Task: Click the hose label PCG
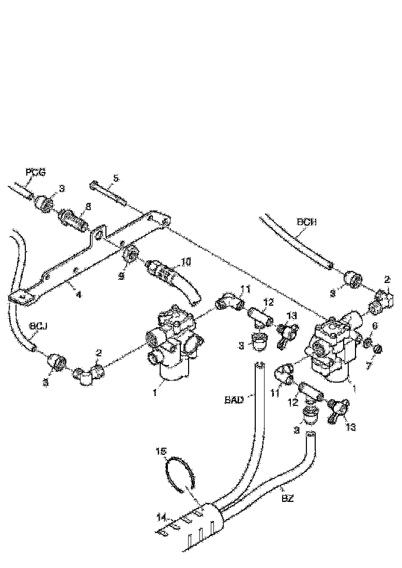36,172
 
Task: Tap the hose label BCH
307,223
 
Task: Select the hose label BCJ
38,326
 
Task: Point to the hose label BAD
234,399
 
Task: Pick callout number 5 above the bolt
116,178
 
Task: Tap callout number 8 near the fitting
88,206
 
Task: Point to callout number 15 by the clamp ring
162,451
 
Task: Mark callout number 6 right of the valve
375,327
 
